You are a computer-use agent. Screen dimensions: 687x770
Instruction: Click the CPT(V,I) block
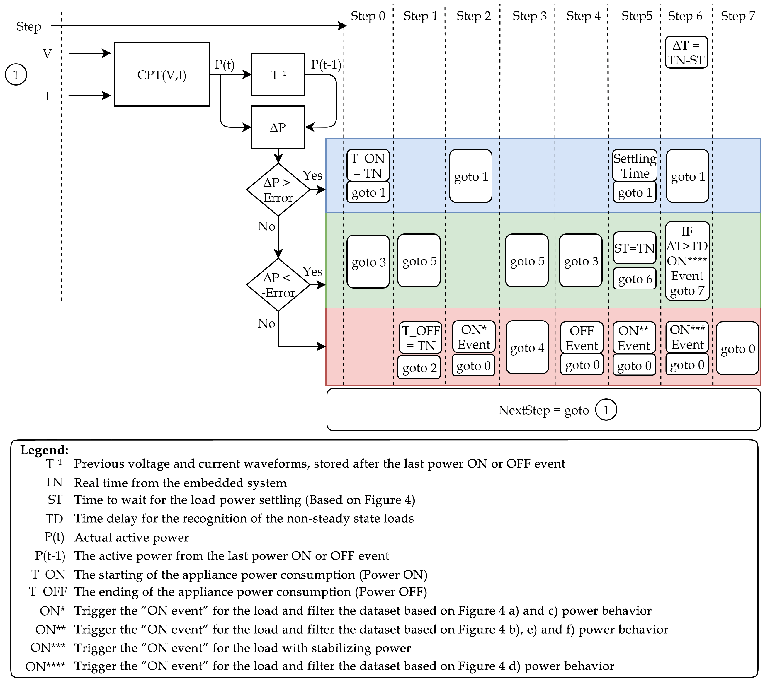(162, 74)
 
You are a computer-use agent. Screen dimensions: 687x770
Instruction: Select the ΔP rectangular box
(278, 127)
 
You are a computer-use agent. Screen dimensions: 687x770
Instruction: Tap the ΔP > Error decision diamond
(278, 190)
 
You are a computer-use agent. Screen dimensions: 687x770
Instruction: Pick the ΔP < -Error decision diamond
(278, 285)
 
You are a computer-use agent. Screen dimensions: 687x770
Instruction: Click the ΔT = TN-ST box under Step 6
(686, 52)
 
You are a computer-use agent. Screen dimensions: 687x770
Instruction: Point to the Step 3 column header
(529, 16)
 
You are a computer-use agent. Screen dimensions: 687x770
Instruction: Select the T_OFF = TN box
(420, 338)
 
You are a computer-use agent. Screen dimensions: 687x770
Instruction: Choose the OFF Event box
(582, 338)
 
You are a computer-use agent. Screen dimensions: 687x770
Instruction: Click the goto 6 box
(634, 279)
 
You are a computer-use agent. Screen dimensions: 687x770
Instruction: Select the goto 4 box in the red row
(527, 347)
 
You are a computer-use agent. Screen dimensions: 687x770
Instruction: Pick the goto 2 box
(419, 367)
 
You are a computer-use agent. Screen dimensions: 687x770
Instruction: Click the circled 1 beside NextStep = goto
(606, 410)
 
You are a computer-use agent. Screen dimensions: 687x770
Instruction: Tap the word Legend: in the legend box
(44, 450)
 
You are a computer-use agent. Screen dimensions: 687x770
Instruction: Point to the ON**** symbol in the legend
(45, 666)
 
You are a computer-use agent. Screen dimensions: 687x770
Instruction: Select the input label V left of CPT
(47, 54)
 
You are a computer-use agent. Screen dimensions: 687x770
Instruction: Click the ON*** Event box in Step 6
(686, 337)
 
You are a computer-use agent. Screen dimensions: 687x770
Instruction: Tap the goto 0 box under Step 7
(737, 348)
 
